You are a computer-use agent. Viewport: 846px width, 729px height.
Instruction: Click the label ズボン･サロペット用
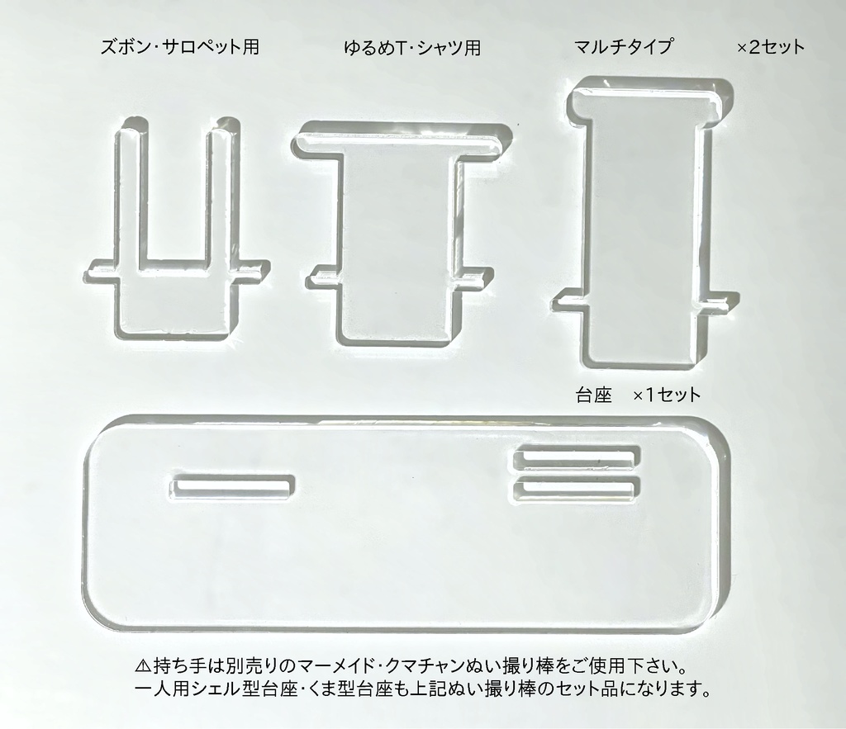coord(179,47)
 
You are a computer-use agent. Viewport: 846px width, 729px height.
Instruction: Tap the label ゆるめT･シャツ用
coord(412,47)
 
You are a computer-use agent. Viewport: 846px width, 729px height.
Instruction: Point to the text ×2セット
coord(771,47)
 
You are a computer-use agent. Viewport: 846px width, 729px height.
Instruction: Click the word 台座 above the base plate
coord(594,395)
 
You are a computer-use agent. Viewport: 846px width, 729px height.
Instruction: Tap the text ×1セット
coord(667,395)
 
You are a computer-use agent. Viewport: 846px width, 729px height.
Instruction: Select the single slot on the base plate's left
coord(233,487)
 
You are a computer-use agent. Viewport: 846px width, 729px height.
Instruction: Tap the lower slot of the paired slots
coord(577,488)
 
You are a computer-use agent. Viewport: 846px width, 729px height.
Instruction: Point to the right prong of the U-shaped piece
coord(222,194)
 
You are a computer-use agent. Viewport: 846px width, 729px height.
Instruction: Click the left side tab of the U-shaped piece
coord(102,272)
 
